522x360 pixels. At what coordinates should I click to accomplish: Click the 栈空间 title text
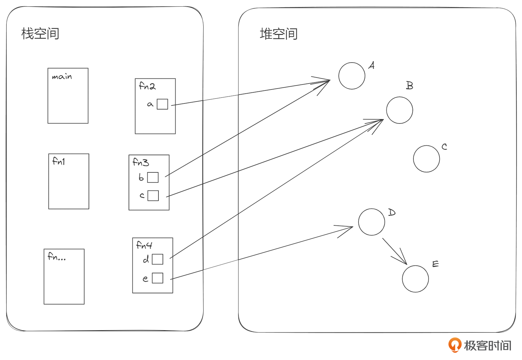coord(40,34)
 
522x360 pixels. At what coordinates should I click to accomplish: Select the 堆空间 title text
coord(278,34)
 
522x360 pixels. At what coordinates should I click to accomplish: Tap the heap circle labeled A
coord(352,76)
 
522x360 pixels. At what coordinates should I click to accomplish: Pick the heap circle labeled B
coord(399,110)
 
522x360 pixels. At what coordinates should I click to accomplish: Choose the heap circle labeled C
coord(426,159)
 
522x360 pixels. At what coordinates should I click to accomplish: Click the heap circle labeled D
coord(371,222)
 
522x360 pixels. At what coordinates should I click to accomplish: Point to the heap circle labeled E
coord(415,279)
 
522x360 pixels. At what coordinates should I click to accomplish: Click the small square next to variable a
coord(162,104)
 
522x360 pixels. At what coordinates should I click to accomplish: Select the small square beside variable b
coord(153,177)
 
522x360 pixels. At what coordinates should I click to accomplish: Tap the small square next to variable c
coord(153,196)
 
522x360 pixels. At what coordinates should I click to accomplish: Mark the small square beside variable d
coord(157,259)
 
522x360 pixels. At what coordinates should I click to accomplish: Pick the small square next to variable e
coord(157,278)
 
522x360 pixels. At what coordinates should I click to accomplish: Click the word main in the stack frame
coord(62,77)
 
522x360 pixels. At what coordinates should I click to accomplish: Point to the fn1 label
coord(59,162)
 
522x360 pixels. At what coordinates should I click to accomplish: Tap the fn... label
coord(57,257)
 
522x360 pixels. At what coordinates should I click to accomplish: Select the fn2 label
coord(147,86)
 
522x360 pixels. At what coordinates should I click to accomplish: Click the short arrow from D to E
coord(395,251)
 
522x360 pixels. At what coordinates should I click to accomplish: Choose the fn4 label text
coord(144,245)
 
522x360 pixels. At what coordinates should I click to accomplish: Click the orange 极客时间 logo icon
coord(455,345)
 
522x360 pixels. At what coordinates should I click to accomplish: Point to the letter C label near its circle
coord(444,147)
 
